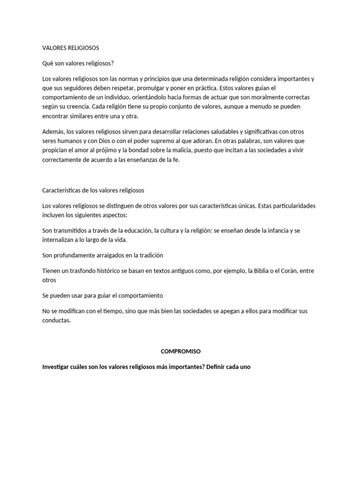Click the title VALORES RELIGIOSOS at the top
coord(71,48)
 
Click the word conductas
coord(56,321)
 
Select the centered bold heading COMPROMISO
coord(180,351)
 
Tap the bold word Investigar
coord(58,367)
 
